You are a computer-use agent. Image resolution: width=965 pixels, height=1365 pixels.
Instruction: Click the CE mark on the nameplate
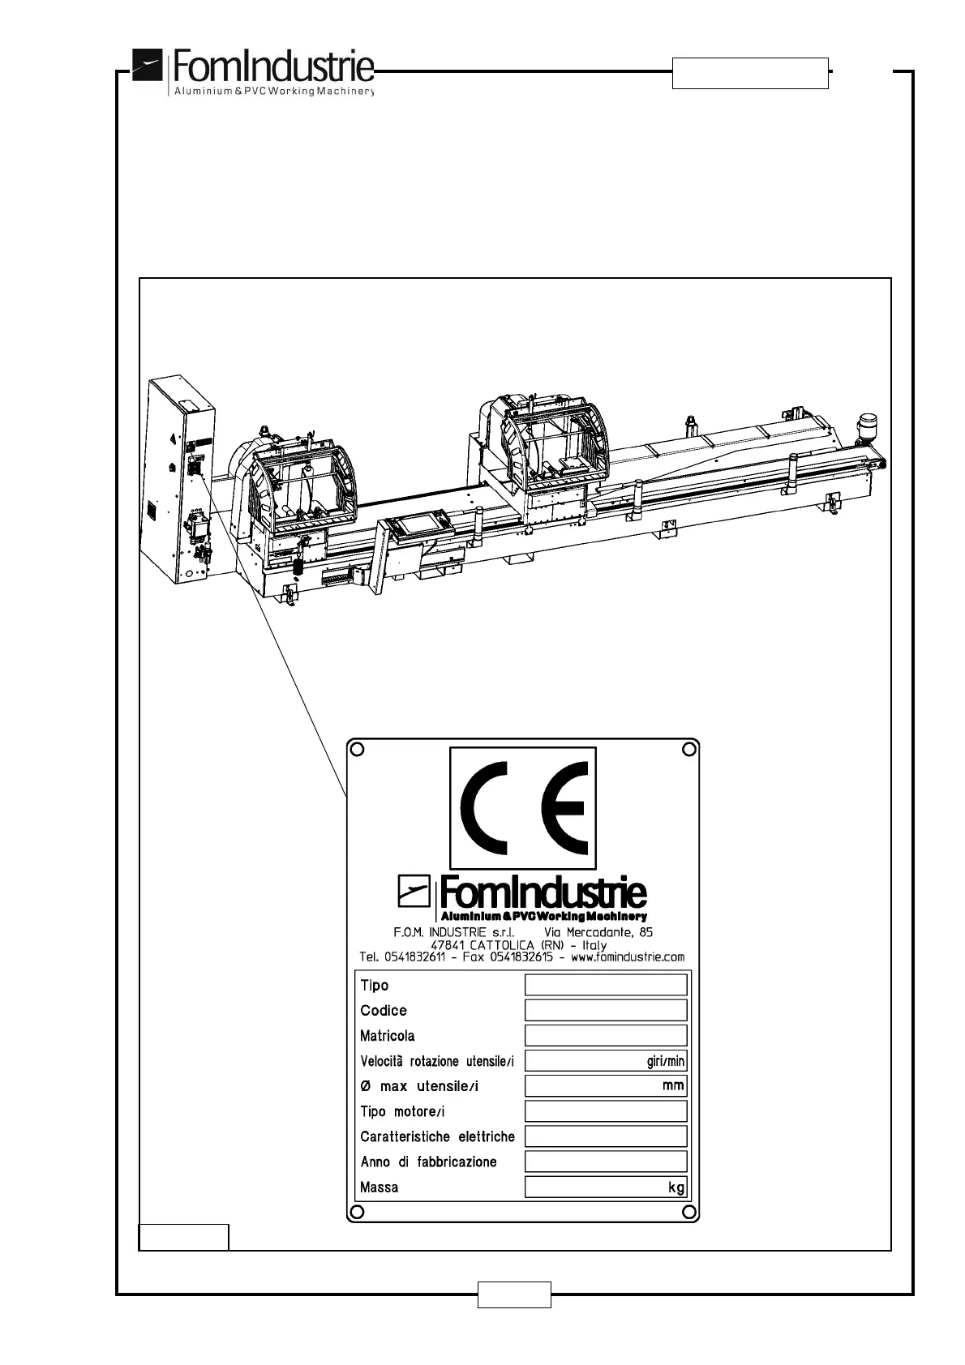click(523, 807)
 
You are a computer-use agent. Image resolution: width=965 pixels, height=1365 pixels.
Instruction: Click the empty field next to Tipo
click(605, 985)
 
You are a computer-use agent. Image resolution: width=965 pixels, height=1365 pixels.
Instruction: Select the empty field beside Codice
click(605, 1010)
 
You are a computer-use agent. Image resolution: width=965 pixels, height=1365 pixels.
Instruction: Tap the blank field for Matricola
click(605, 1035)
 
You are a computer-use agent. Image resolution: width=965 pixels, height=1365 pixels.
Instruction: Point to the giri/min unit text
click(665, 1061)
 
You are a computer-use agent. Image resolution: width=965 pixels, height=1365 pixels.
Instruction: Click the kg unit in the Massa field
click(676, 1187)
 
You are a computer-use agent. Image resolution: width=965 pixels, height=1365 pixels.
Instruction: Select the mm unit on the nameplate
click(673, 1085)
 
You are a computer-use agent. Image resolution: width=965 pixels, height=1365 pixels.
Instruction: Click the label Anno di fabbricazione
click(428, 1162)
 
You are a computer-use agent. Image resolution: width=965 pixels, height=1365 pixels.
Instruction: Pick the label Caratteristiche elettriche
click(437, 1136)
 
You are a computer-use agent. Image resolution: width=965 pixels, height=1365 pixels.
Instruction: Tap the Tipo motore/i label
click(402, 1111)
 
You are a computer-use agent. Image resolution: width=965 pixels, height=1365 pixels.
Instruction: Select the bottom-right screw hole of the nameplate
click(688, 1211)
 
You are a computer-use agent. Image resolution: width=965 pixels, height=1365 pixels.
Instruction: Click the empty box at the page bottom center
click(514, 1294)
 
